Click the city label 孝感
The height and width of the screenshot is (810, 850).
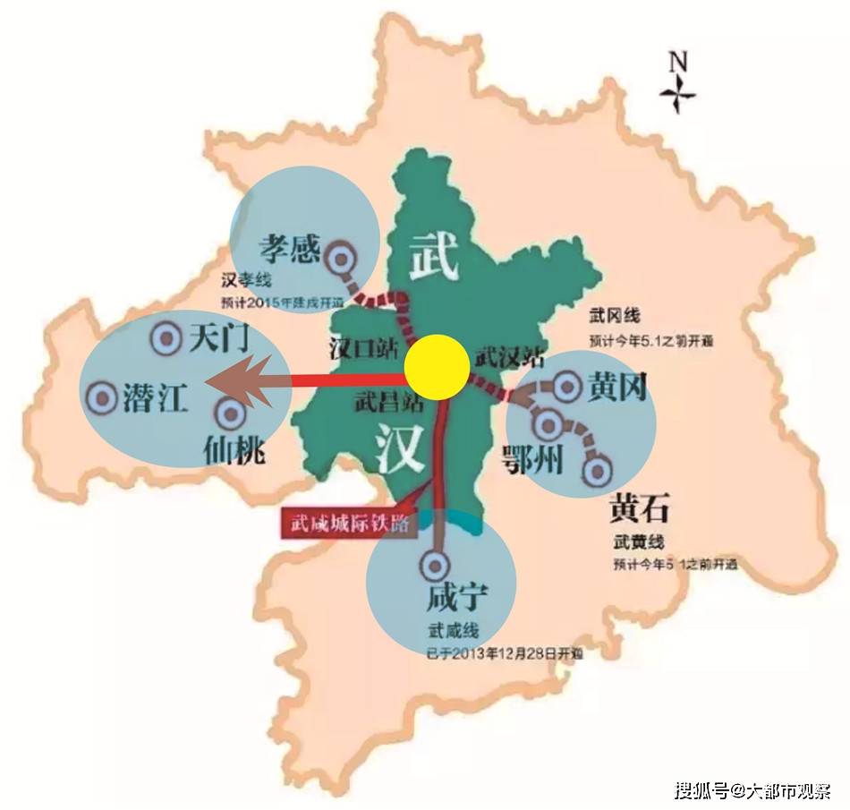290,247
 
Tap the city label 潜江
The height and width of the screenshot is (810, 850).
155,397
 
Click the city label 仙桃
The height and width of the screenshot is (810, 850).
234,448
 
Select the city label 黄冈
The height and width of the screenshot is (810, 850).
617,387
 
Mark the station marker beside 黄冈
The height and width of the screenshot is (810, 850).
567,387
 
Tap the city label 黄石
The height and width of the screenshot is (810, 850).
639,507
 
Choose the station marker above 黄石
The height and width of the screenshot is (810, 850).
597,468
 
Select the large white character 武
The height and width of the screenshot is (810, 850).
435,252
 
